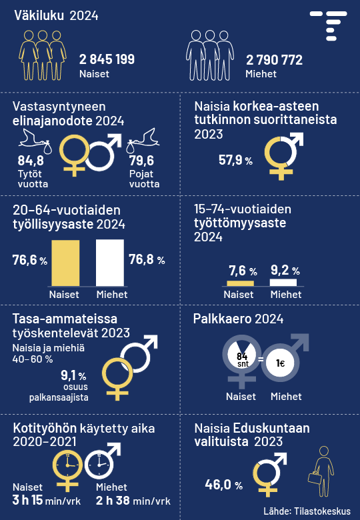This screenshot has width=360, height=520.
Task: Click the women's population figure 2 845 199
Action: point(107,59)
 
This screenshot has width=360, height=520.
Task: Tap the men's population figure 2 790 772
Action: point(274,60)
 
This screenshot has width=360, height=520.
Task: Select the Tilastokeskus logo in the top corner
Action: point(329,26)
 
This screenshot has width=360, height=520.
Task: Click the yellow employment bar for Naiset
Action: point(65,263)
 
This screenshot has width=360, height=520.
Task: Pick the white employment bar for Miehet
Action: point(110,263)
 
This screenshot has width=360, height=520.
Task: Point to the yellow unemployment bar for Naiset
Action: point(240,283)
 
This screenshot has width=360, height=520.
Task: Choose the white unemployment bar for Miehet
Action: point(283,282)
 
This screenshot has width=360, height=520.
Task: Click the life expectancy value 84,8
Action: point(31,161)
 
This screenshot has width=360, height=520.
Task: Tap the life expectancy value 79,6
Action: point(141,161)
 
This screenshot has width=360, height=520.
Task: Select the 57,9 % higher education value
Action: point(235,160)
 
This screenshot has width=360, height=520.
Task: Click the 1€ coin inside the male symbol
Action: point(280,363)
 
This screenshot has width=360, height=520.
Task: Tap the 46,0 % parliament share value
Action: point(224,485)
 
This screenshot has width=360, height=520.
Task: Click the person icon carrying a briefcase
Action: point(321,471)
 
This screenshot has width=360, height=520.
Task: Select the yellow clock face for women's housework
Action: point(67,465)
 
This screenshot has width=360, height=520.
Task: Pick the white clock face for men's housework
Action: point(99,465)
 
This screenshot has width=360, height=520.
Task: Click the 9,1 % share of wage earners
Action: point(73,375)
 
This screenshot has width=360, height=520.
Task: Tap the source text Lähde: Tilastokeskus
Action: point(307,511)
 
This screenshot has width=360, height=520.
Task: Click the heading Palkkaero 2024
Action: point(238,319)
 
